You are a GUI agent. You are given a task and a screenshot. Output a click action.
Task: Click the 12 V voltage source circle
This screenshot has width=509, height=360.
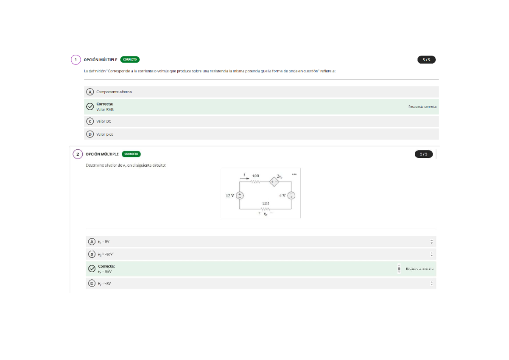click(240, 195)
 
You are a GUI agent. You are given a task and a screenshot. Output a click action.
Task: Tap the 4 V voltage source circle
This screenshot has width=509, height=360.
click(291, 195)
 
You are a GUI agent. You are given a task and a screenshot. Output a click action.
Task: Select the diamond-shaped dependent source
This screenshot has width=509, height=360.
click(274, 182)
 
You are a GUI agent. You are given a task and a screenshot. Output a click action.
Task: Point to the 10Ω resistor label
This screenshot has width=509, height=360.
click(256, 175)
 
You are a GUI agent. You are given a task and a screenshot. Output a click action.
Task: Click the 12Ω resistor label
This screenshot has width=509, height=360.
click(266, 203)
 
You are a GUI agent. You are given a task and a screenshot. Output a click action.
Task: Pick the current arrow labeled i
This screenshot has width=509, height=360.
click(245, 176)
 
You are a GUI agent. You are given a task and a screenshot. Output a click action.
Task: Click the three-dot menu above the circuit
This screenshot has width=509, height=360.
click(294, 174)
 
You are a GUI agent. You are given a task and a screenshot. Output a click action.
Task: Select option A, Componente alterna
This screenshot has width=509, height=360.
click(114, 92)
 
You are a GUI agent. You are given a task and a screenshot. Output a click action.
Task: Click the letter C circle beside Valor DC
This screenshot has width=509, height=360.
click(89, 121)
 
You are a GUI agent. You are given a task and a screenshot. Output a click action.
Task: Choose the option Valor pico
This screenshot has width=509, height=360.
click(105, 134)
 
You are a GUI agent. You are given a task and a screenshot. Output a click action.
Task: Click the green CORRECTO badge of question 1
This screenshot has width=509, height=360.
click(130, 60)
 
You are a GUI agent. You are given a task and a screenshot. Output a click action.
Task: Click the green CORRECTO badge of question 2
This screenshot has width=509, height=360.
click(131, 154)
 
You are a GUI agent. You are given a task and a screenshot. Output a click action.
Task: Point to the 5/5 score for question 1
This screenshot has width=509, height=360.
click(426, 60)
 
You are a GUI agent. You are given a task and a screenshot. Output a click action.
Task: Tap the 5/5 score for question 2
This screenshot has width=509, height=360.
click(424, 154)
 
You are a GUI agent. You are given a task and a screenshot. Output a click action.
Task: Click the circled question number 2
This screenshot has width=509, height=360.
click(77, 154)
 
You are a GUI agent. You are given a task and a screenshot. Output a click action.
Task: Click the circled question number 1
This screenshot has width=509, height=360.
click(76, 60)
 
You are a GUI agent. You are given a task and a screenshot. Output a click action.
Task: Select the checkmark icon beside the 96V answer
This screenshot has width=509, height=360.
click(92, 269)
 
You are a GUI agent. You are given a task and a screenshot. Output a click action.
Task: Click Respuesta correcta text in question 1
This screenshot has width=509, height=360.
click(422, 107)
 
